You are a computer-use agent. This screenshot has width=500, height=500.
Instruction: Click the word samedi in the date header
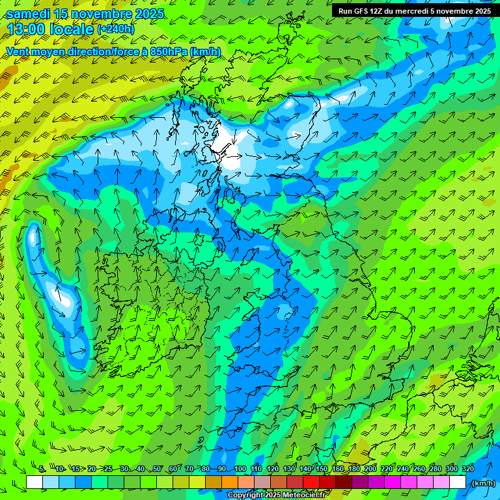pos(25,14)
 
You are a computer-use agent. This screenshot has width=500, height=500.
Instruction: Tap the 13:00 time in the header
pos(26,29)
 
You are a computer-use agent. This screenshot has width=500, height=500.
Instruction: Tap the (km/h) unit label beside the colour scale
pos(482,483)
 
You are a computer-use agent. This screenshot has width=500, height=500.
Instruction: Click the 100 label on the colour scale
pos(240,469)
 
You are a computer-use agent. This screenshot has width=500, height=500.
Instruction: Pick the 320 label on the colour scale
pos(468,469)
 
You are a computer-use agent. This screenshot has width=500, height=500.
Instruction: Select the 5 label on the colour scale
pos(42,469)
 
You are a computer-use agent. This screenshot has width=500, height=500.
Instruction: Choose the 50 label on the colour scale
pos(157,469)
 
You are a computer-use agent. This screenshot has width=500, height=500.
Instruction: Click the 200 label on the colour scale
pos(370,469)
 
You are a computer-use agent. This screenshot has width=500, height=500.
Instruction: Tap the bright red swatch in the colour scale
pos(311,482)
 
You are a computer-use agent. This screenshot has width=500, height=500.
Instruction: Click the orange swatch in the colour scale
pos(230,482)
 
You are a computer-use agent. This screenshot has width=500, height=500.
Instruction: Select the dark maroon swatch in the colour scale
pos(344,482)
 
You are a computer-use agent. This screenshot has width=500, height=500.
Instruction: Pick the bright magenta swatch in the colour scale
pos(393,482)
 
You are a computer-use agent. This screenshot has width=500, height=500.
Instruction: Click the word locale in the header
pos(72,29)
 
